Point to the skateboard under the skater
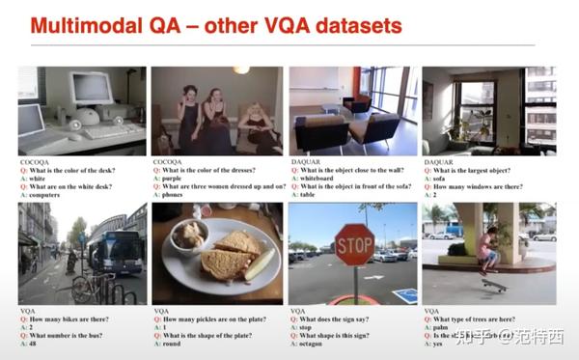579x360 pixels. click(495, 284)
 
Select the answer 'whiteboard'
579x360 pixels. click(317, 179)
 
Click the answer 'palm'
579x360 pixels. click(442, 327)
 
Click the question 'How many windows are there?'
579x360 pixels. click(482, 185)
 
